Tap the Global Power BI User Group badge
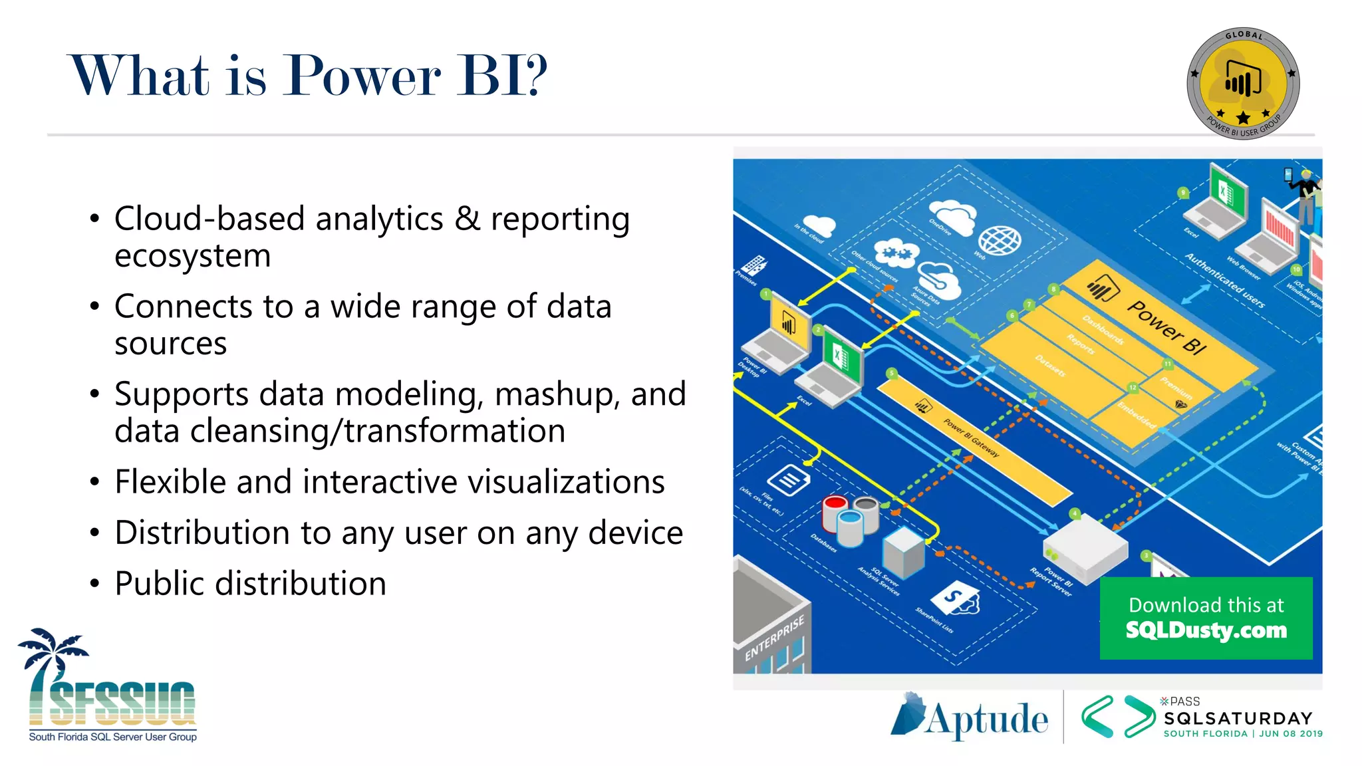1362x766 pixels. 1243,83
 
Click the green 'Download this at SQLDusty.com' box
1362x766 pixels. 1206,618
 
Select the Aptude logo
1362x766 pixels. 970,717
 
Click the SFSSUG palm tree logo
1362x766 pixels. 110,685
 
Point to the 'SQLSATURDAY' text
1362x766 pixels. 1238,719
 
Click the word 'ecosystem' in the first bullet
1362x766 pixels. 192,256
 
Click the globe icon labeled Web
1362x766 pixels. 1000,240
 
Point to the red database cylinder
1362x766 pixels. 835,509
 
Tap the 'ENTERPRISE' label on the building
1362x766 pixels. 774,637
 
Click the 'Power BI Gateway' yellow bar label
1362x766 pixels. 971,438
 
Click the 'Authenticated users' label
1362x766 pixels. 1224,280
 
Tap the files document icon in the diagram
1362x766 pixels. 789,479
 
